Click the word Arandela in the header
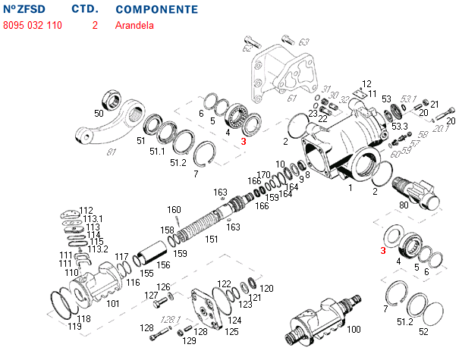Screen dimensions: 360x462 coord(134,25)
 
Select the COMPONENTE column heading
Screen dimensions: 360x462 coord(157,10)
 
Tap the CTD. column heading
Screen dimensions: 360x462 coord(83,10)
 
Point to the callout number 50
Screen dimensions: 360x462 coord(99,114)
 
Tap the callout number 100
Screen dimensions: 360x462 coord(354,330)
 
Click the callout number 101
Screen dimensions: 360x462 coord(113,303)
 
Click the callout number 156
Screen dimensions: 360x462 coord(163,265)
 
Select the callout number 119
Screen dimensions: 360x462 coord(73,326)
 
